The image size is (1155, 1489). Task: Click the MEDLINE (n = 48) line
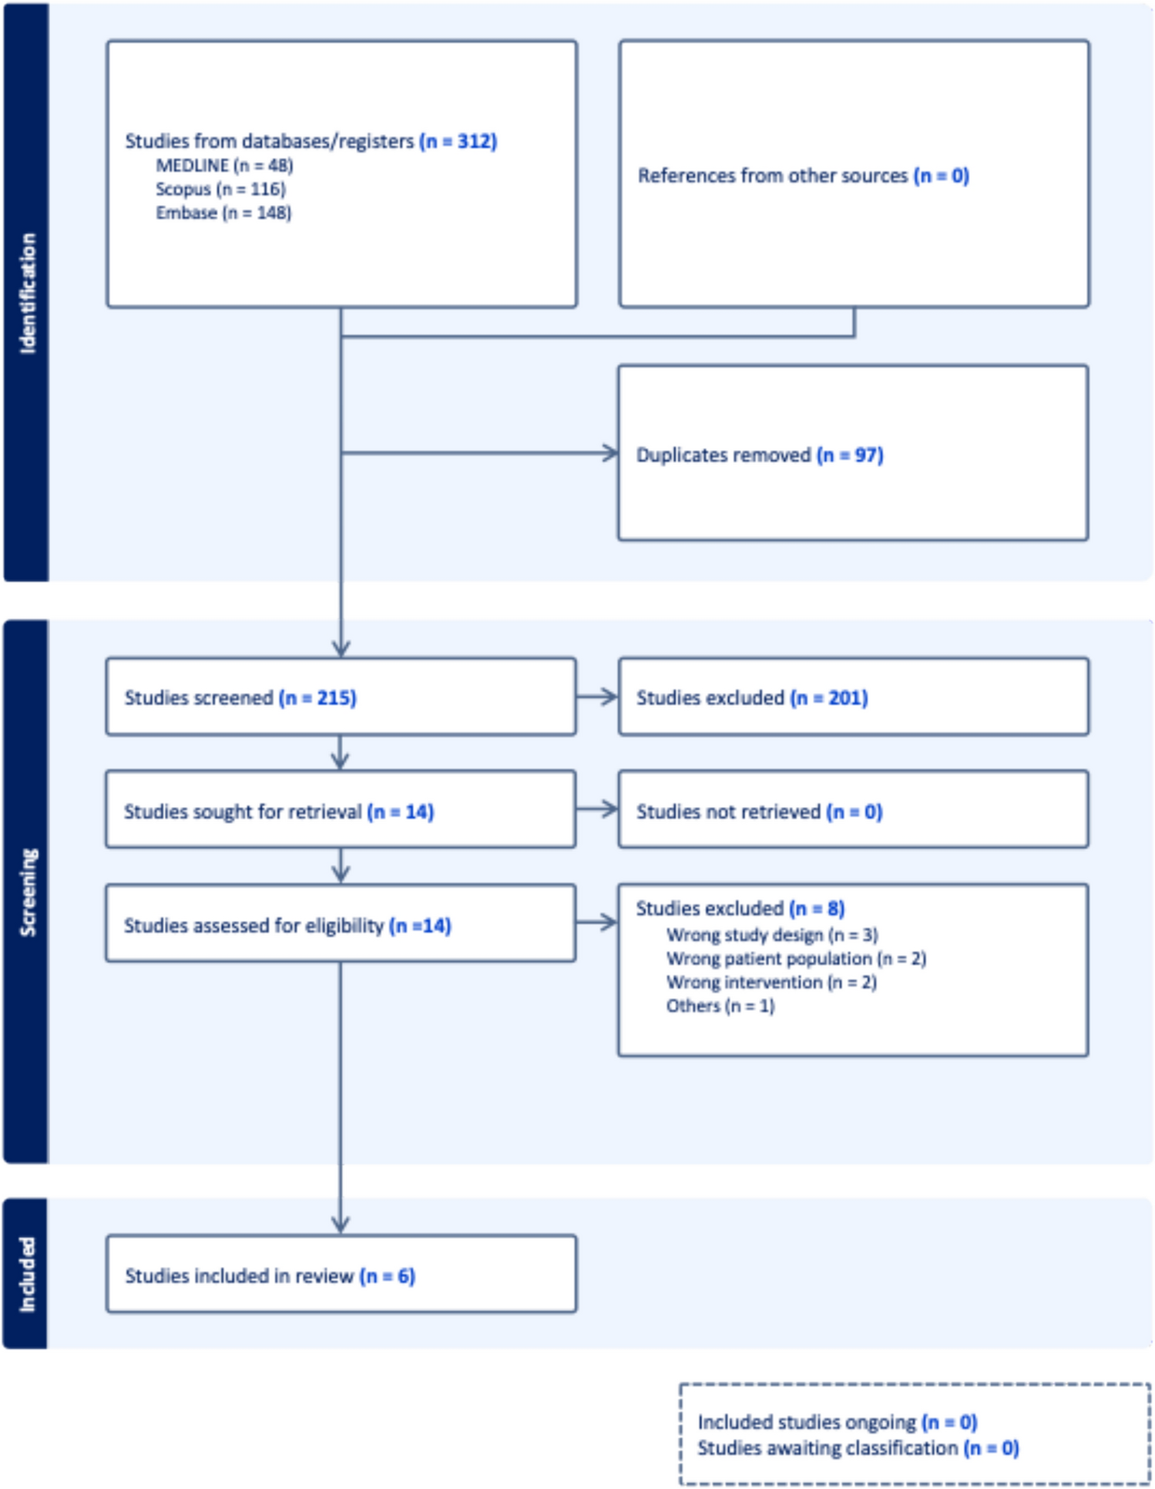(224, 165)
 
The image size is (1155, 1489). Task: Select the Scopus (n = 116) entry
(220, 189)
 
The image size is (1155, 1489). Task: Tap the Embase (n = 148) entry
(223, 213)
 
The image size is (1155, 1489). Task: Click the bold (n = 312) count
(458, 141)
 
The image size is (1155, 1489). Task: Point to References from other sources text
(772, 176)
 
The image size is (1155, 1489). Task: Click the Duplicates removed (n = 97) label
(759, 455)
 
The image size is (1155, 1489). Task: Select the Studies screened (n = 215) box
(341, 697)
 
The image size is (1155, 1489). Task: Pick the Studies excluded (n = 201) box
(853, 697)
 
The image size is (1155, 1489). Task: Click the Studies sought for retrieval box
(341, 810)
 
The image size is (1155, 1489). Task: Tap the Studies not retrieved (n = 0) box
(853, 810)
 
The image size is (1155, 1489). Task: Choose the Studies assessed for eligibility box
(341, 923)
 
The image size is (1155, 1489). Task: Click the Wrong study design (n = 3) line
(771, 935)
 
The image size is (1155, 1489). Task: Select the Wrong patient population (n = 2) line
(796, 959)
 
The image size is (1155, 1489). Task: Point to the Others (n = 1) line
(720, 1006)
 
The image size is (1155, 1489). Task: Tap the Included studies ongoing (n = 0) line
(837, 1421)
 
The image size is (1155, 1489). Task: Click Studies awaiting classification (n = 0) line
(858, 1448)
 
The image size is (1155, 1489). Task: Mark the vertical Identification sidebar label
(28, 293)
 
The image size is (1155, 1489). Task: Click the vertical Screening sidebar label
(28, 892)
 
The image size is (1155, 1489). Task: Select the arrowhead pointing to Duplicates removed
(611, 453)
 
